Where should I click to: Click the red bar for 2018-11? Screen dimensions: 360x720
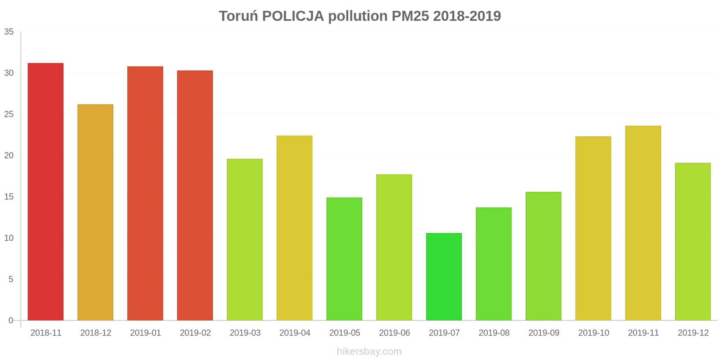45,192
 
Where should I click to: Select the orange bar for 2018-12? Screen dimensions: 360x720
95,212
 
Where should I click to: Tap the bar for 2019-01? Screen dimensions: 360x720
145,193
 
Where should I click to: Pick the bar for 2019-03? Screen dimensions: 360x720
245,239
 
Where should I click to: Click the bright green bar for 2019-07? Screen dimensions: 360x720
444,277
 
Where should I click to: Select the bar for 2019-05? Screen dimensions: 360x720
344,259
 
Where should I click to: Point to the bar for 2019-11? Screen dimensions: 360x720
643,223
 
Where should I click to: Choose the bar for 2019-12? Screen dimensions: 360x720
693,242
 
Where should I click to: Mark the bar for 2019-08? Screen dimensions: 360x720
494,264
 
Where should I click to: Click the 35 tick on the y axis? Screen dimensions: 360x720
9,32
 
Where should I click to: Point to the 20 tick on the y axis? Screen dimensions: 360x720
9,156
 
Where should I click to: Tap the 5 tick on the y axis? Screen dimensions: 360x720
11,279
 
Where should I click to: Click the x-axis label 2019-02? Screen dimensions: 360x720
195,333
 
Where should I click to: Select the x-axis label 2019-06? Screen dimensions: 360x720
394,333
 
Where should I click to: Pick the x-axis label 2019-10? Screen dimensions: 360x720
594,333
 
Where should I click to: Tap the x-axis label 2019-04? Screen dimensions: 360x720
295,333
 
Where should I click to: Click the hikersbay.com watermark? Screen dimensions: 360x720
369,351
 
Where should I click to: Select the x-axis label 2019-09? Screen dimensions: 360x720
544,333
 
